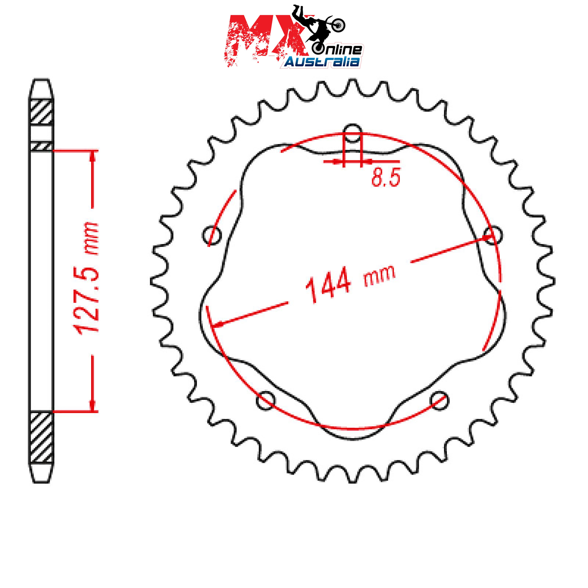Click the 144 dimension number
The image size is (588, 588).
coord(328,285)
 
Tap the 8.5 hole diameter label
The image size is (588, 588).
coord(386,178)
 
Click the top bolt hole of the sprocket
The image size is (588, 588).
coord(352,133)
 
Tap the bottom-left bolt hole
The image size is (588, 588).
coord(265,400)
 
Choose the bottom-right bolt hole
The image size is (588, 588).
coord(440,400)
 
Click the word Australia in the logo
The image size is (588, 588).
coord(322,62)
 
